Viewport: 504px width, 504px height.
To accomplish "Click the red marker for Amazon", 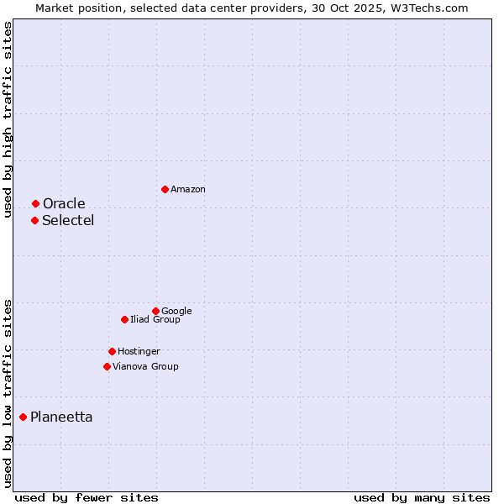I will coord(165,189).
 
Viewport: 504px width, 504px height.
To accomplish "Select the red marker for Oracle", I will coord(35,203).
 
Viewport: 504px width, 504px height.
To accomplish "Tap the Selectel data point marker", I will coord(34,220).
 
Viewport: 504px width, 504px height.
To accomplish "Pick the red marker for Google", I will coord(155,311).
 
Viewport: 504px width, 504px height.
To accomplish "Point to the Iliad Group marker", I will coord(124,319).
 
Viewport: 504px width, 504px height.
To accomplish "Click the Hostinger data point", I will coord(112,351).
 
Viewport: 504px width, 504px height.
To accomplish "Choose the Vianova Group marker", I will coord(107,366).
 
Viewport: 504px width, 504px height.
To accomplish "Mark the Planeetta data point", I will coord(23,417).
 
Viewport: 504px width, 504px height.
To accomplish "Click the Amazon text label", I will coord(188,190).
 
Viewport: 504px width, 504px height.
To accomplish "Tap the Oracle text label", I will coord(64,204).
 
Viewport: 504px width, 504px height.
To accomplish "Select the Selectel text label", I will coord(68,221).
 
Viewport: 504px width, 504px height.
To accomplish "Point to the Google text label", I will coord(176,312).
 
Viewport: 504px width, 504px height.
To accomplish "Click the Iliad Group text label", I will coord(155,320).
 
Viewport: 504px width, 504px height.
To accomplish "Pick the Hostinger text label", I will coord(139,352).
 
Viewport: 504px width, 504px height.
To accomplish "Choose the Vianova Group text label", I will coord(145,367).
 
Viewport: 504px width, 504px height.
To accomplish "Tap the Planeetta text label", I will coord(61,417).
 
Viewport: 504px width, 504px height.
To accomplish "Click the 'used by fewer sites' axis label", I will coord(87,497).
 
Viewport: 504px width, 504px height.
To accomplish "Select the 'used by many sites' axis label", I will coord(422,497).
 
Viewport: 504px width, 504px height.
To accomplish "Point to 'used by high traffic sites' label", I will coord(8,119).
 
